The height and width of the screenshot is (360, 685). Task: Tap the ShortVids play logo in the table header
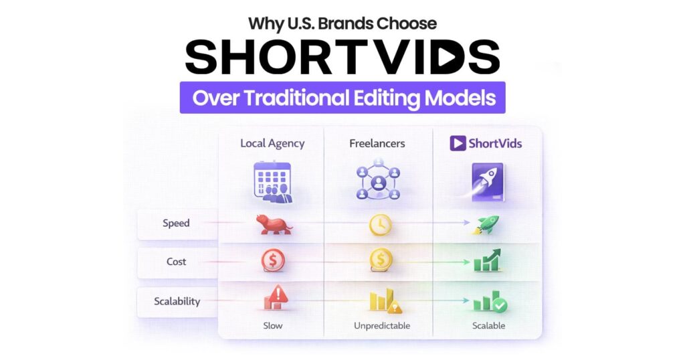click(x=458, y=143)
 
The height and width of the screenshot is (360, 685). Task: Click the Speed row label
click(x=177, y=223)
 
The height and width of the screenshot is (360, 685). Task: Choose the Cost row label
click(x=177, y=262)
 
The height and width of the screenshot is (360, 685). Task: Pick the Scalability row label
click(x=177, y=301)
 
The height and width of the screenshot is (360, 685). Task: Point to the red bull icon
click(x=273, y=224)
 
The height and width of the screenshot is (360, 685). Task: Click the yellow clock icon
click(x=380, y=225)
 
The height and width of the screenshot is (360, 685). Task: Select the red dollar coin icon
click(x=273, y=261)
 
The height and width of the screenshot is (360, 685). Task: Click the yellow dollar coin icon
click(x=380, y=261)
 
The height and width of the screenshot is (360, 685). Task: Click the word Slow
click(x=273, y=326)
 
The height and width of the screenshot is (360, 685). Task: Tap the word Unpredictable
click(x=380, y=326)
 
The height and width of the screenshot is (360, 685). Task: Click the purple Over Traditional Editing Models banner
click(x=342, y=98)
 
